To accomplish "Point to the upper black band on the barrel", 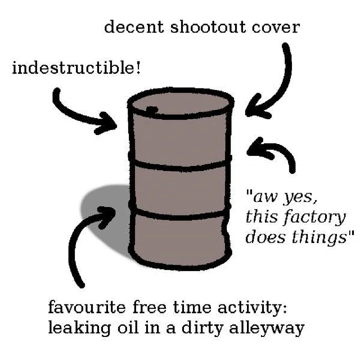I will point(180,165).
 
